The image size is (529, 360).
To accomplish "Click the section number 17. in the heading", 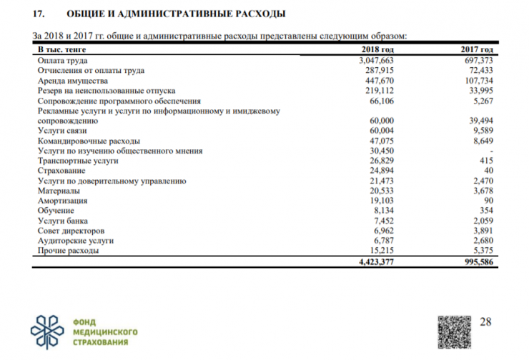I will click(41, 14).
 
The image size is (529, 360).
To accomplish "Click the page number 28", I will click(486, 322).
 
